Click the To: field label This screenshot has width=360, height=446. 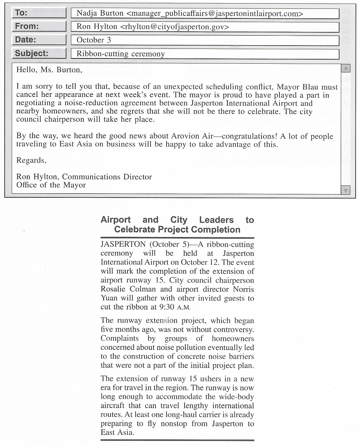[x=21, y=13]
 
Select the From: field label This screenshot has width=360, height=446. [x=27, y=26]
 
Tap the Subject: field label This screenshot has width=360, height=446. [x=32, y=53]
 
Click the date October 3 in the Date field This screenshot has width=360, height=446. [x=94, y=40]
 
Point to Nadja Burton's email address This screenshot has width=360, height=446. [x=214, y=14]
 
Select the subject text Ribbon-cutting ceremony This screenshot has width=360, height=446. [x=121, y=54]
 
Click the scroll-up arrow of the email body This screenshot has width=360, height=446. [x=345, y=68]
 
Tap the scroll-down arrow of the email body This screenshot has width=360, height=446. [x=345, y=190]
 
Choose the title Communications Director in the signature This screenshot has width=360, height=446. [x=107, y=177]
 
